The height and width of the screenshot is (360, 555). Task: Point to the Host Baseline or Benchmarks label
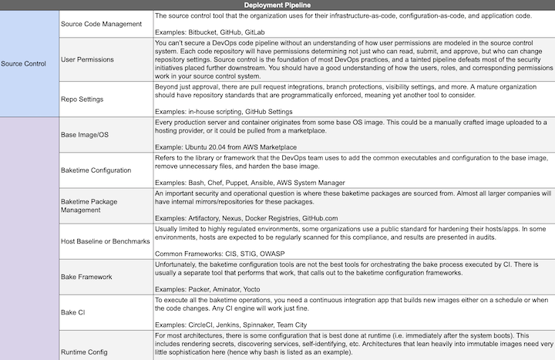[105, 241]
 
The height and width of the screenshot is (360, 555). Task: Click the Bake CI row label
[74, 312]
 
